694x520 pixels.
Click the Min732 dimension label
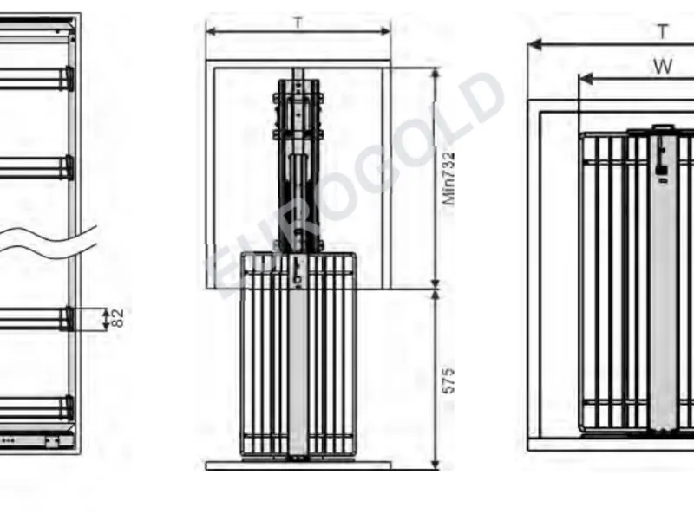point(448,179)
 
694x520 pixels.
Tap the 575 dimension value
point(448,380)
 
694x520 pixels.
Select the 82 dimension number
point(117,318)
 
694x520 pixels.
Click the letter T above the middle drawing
point(298,23)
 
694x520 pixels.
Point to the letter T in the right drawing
point(663,32)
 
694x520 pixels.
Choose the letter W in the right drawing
point(663,67)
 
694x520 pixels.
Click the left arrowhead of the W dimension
point(586,79)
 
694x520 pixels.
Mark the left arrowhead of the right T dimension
point(535,44)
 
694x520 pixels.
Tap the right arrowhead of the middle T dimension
point(384,31)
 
